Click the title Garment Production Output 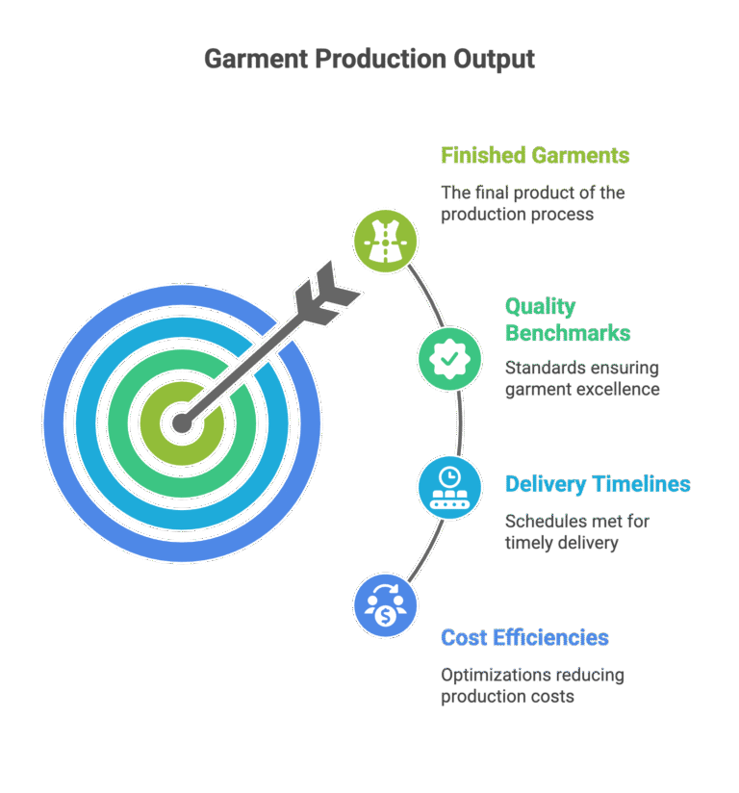pyautogui.click(x=369, y=60)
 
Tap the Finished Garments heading pyautogui.click(x=535, y=155)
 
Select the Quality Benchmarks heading pyautogui.click(x=568, y=320)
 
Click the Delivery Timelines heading pyautogui.click(x=598, y=484)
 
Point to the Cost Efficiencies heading pyautogui.click(x=524, y=638)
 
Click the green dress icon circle pyautogui.click(x=386, y=242)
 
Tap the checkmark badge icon pyautogui.click(x=449, y=359)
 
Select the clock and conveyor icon pyautogui.click(x=449, y=488)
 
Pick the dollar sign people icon pyautogui.click(x=386, y=605)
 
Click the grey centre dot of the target pyautogui.click(x=182, y=422)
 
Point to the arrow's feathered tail pyautogui.click(x=325, y=294)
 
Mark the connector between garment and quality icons pyautogui.click(x=426, y=294)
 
